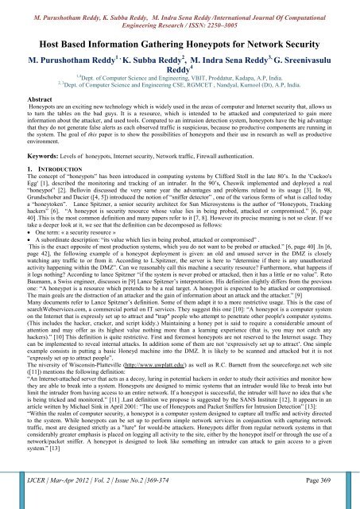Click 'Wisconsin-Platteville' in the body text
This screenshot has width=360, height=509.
(x=95, y=387)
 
